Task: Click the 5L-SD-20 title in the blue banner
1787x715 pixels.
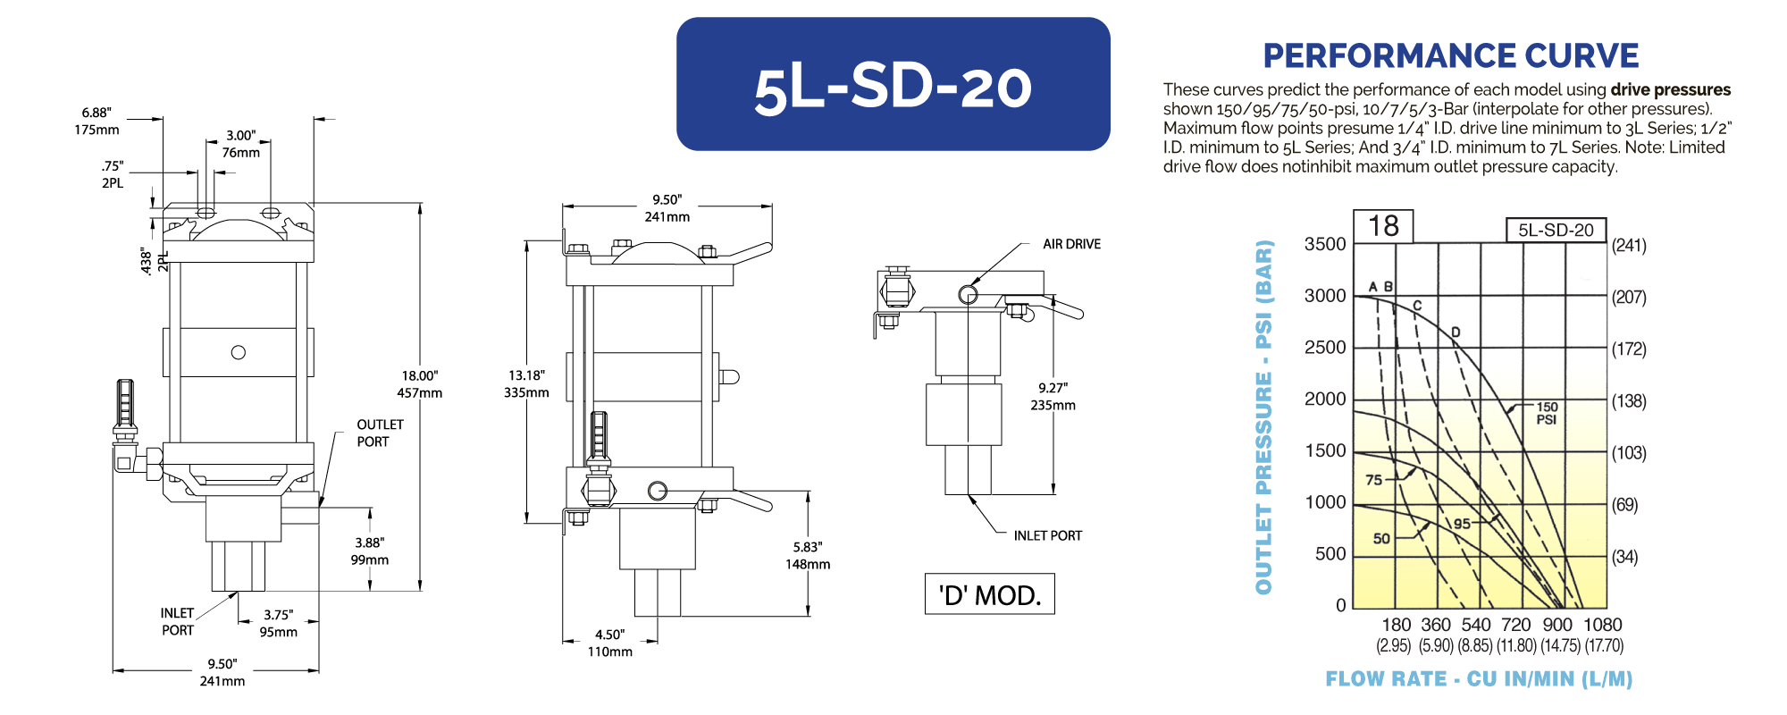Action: pyautogui.click(x=893, y=88)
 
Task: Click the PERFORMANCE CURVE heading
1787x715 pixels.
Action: pyautogui.click(x=1450, y=55)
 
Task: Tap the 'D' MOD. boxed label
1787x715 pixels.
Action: pyautogui.click(x=990, y=594)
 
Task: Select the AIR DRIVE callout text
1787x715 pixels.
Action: pyautogui.click(x=1071, y=244)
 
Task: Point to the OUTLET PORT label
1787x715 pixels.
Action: pyautogui.click(x=380, y=433)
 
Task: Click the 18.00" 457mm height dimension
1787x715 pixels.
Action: pyautogui.click(x=420, y=384)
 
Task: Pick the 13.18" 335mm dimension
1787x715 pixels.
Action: pyautogui.click(x=526, y=384)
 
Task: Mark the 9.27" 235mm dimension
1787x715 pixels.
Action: pyautogui.click(x=1053, y=397)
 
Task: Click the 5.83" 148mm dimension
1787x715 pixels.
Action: pyautogui.click(x=808, y=555)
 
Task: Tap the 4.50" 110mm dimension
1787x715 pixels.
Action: pyautogui.click(x=610, y=643)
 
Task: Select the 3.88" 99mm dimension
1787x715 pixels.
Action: pyautogui.click(x=370, y=551)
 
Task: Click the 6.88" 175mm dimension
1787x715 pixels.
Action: pyautogui.click(x=96, y=121)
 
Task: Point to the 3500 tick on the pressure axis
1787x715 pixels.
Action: pyautogui.click(x=1325, y=244)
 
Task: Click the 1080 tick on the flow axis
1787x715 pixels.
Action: pyautogui.click(x=1603, y=625)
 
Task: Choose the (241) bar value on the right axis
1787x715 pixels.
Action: pyautogui.click(x=1629, y=245)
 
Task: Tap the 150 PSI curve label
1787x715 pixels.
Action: pyautogui.click(x=1547, y=413)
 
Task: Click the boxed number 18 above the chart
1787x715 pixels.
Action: pyautogui.click(x=1383, y=226)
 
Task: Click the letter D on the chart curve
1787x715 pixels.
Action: pyautogui.click(x=1456, y=332)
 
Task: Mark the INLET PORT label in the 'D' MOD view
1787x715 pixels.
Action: pyautogui.click(x=1047, y=535)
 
